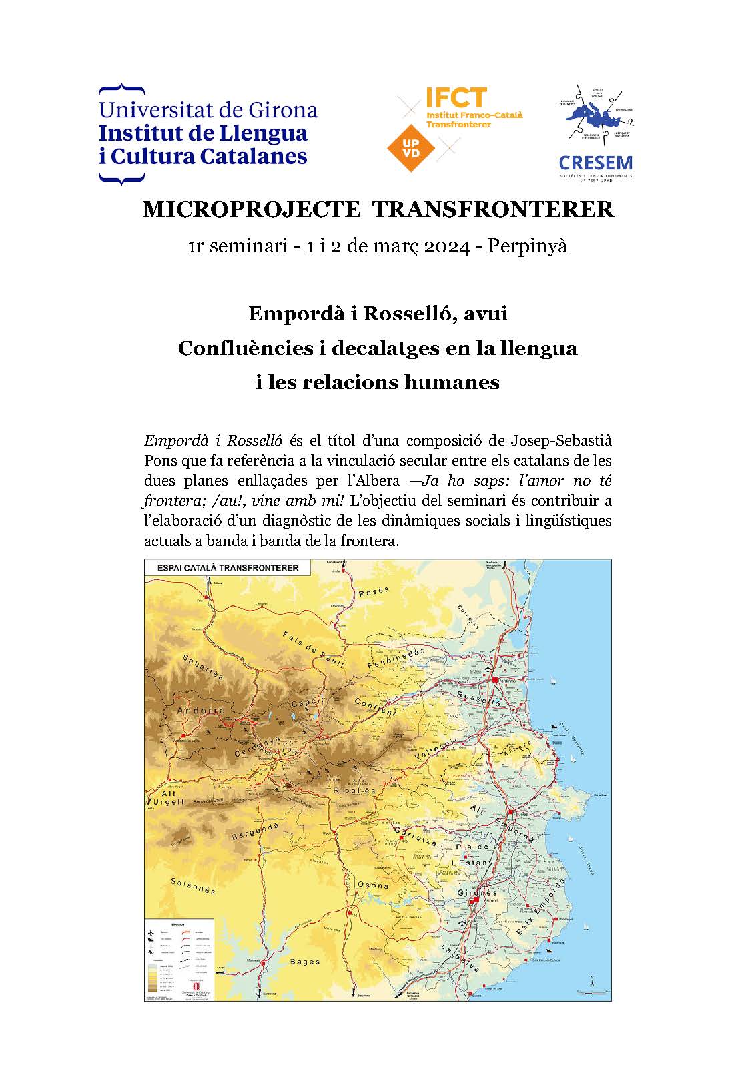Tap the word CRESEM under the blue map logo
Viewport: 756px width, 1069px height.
tap(595, 163)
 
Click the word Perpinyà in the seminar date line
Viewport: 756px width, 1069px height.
tap(528, 246)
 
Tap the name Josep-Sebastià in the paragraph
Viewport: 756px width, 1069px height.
tap(560, 441)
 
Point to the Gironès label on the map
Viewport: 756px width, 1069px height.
tap(477, 892)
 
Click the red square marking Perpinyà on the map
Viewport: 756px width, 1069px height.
tap(495, 679)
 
